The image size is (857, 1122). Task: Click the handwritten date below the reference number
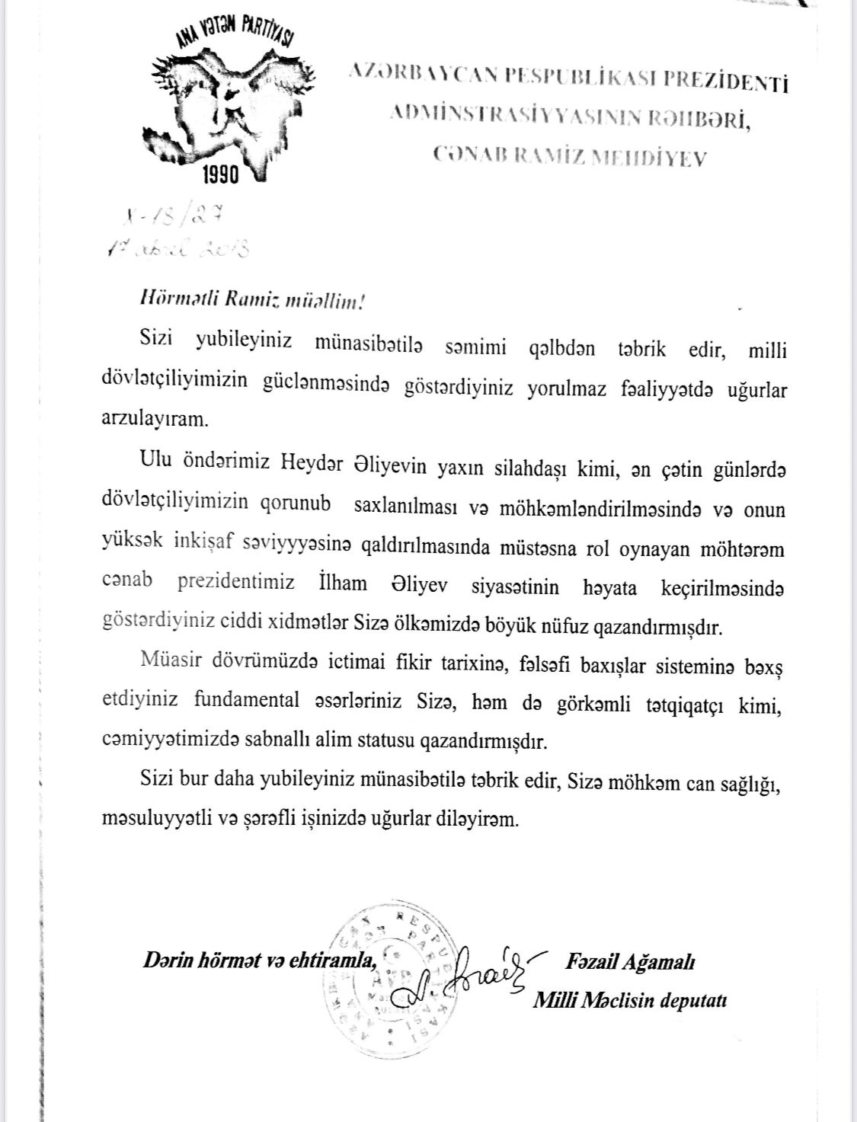[x=181, y=248]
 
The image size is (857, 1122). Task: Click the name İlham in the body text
[x=342, y=584]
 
